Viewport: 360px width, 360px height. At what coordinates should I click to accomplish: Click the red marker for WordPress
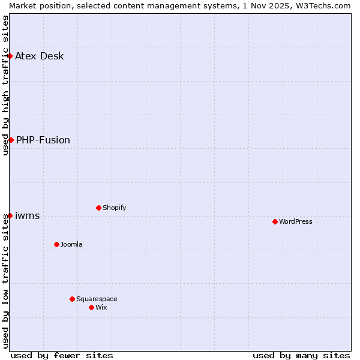[275, 221]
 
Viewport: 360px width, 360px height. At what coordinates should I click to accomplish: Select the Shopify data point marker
[98, 208]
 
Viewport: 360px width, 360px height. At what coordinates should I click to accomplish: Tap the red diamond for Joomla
[56, 244]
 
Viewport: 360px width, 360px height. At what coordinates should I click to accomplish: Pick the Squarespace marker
[72, 299]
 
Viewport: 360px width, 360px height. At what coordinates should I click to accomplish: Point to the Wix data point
[91, 307]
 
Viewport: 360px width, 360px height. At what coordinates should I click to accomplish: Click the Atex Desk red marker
[10, 56]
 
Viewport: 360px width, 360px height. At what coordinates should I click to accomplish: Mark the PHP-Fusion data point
[11, 140]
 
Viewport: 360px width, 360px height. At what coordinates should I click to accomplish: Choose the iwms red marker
[10, 215]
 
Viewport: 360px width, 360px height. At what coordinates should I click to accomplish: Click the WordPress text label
[296, 221]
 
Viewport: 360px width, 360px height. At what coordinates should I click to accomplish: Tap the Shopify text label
[115, 208]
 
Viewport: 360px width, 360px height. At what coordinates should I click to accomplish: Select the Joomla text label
[71, 244]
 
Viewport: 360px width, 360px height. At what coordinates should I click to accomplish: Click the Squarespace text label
[97, 299]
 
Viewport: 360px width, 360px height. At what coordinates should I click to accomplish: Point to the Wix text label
[101, 307]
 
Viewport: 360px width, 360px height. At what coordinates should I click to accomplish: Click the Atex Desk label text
[40, 56]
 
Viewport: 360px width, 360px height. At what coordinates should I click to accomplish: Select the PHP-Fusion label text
[43, 140]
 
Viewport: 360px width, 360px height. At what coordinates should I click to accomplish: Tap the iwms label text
[28, 216]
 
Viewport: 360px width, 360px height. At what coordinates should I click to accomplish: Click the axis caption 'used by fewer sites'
[62, 355]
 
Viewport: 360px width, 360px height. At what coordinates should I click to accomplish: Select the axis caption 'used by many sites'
[301, 355]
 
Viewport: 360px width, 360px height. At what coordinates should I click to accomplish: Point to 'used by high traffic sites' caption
[5, 85]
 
